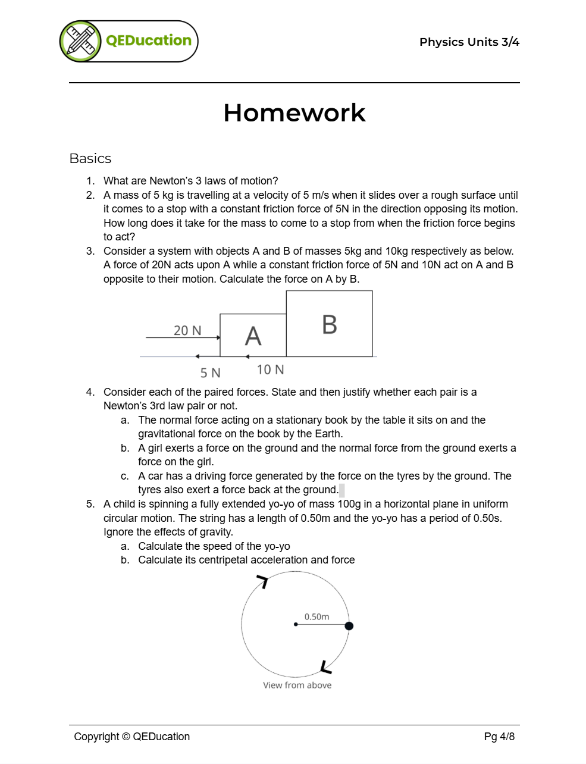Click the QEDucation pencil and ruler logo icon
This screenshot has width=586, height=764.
pyautogui.click(x=81, y=41)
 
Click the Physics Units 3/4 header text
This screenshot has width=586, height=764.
pyautogui.click(x=469, y=42)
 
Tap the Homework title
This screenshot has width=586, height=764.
pyautogui.click(x=294, y=113)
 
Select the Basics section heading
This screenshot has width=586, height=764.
pyautogui.click(x=90, y=158)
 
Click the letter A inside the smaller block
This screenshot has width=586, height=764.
pyautogui.click(x=253, y=336)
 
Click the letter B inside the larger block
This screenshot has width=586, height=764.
pyautogui.click(x=329, y=325)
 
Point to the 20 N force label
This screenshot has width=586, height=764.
pyautogui.click(x=187, y=330)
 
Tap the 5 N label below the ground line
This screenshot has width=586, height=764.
pyautogui.click(x=210, y=373)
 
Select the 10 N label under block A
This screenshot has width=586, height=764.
pyautogui.click(x=270, y=370)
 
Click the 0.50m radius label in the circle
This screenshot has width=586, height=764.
pyautogui.click(x=316, y=616)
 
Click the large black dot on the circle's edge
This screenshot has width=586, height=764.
pyautogui.click(x=349, y=625)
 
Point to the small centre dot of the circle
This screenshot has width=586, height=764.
pyautogui.click(x=296, y=624)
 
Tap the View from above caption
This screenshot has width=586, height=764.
pyautogui.click(x=297, y=685)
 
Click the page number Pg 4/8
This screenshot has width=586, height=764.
pyautogui.click(x=499, y=737)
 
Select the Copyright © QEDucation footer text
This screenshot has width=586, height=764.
pyautogui.click(x=131, y=737)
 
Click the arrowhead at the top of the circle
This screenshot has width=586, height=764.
pyautogui.click(x=262, y=580)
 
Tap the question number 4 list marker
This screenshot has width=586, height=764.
pyautogui.click(x=90, y=392)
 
